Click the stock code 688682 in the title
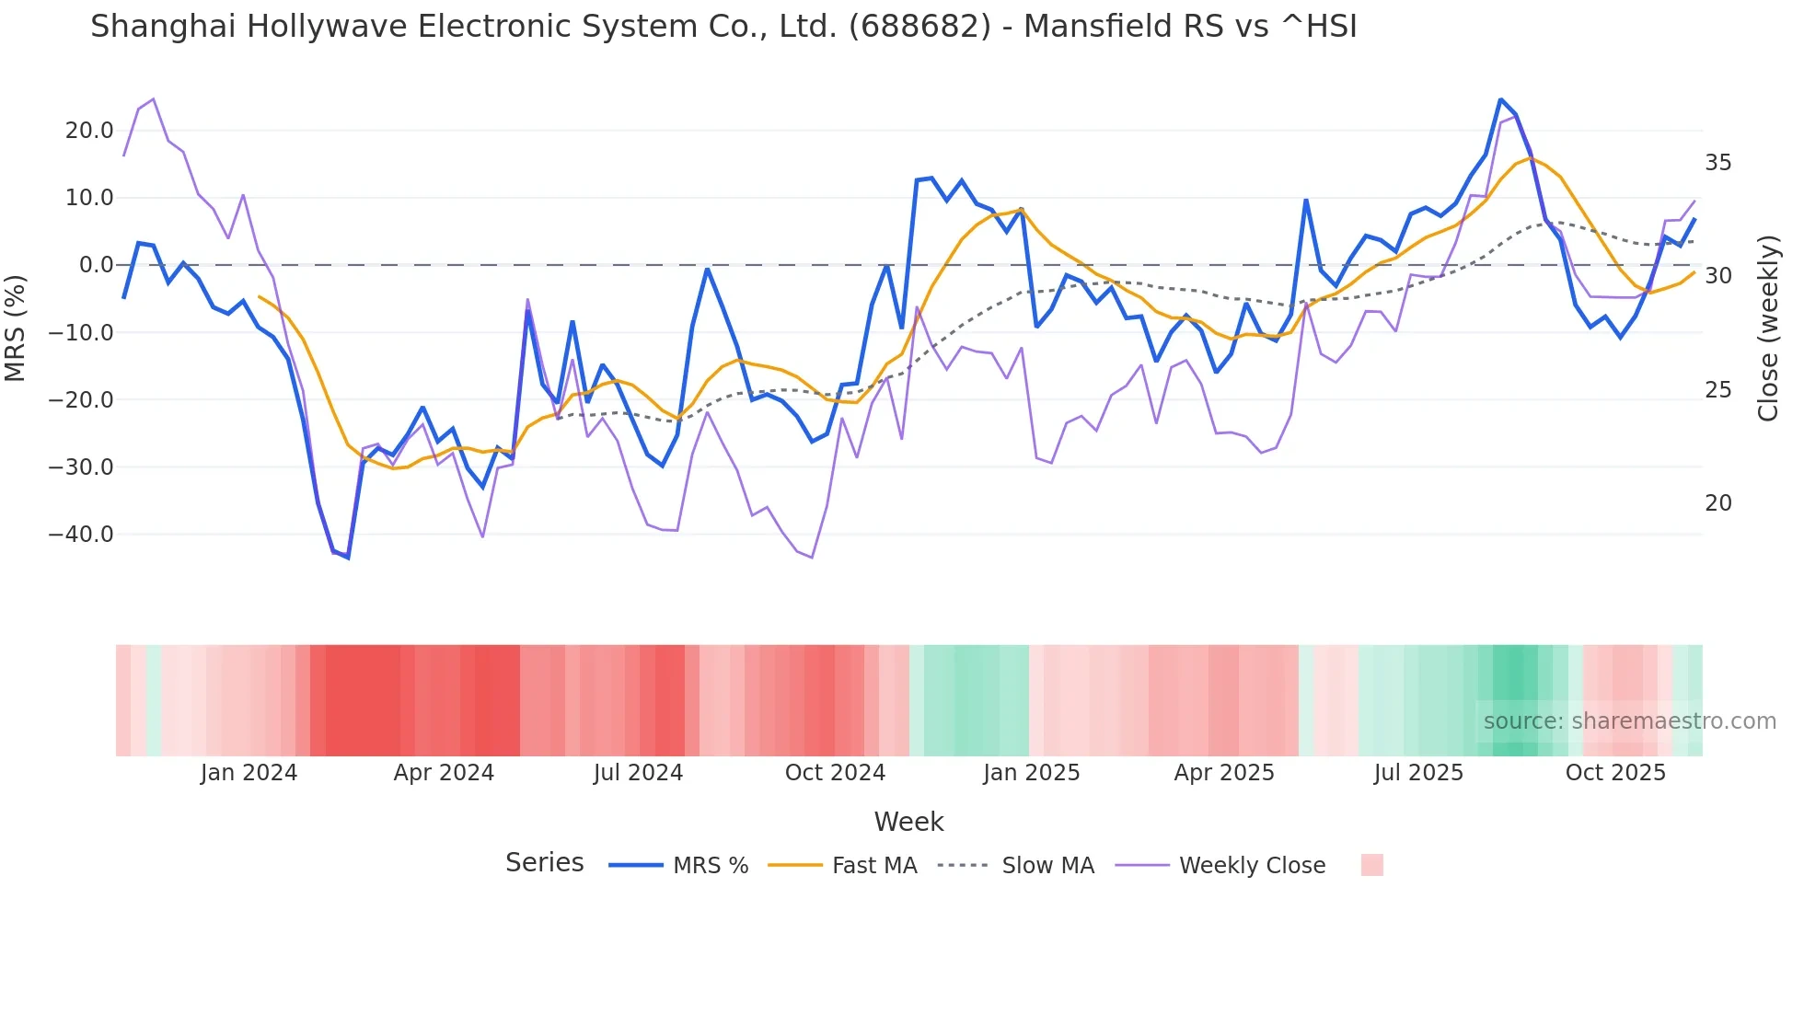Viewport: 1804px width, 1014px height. (x=919, y=27)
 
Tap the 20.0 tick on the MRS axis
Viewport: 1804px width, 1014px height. (x=89, y=131)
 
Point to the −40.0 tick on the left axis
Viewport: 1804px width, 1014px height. (x=81, y=535)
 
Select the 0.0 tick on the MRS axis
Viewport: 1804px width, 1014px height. (x=97, y=265)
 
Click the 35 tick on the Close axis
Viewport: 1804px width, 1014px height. (x=1717, y=163)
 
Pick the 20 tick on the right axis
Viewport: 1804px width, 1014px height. (x=1717, y=503)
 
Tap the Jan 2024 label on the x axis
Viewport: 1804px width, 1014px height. (x=249, y=773)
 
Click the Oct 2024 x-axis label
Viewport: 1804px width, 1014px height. (x=835, y=773)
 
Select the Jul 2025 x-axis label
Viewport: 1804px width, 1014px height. (x=1418, y=773)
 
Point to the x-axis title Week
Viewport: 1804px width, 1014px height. (x=908, y=822)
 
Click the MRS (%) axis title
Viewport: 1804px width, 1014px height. (x=16, y=328)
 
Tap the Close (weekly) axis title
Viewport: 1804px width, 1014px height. (x=1767, y=328)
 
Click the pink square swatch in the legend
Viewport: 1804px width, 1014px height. (x=1371, y=865)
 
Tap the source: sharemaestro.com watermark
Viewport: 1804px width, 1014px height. (x=1629, y=721)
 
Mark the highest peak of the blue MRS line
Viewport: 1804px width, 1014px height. (x=1500, y=99)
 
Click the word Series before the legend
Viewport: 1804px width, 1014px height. (x=544, y=863)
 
